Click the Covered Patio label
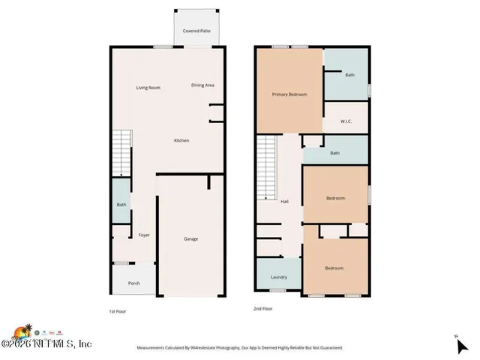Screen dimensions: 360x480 tap(196, 31)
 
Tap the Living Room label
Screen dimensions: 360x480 tap(148, 88)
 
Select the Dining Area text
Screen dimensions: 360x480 tap(202, 85)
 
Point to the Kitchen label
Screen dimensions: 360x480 tap(181, 140)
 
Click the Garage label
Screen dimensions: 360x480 tap(191, 238)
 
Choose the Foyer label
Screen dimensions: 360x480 tap(144, 235)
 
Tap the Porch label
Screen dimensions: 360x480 tap(134, 283)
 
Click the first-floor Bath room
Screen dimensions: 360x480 tap(121, 205)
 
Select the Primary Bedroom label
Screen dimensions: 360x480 tap(289, 94)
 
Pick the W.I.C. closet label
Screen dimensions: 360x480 tap(346, 120)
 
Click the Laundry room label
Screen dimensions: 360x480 tap(278, 277)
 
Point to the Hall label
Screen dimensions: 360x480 tap(284, 201)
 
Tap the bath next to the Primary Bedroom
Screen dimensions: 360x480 tap(349, 75)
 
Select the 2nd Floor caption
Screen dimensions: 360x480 tap(263, 308)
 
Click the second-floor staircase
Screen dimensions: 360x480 tap(268, 168)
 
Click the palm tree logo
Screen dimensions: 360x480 tap(23, 331)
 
